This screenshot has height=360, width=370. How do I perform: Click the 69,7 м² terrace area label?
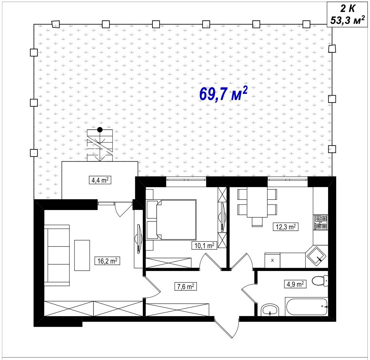(x=223, y=94)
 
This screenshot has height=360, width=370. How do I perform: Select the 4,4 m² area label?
(x=100, y=180)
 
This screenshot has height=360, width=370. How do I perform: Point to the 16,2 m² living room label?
(x=107, y=261)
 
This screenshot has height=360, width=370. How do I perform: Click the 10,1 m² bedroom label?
(x=204, y=246)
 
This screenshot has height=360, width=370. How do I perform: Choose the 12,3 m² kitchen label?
(x=286, y=227)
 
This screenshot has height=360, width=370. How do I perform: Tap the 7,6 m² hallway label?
(x=186, y=286)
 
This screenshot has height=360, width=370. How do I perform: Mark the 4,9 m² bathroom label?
(x=295, y=284)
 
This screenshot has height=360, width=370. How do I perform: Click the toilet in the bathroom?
(x=320, y=281)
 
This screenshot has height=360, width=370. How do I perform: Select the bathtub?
(x=307, y=306)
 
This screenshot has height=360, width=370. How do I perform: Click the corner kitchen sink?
(x=316, y=257)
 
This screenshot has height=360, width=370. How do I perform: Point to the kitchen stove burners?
(x=320, y=222)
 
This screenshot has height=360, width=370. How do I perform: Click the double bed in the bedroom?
(x=171, y=220)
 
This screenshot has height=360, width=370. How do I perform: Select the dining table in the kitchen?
(x=257, y=202)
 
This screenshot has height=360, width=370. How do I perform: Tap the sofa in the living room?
(x=57, y=255)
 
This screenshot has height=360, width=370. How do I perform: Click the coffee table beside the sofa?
(x=82, y=255)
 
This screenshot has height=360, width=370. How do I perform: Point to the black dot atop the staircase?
(x=100, y=129)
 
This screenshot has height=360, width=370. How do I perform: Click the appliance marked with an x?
(x=273, y=260)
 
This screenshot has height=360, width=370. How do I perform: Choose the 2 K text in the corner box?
(x=347, y=9)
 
